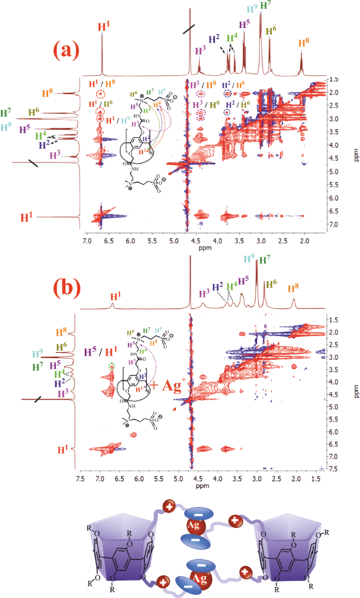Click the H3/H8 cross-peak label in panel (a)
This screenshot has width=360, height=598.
click(202, 84)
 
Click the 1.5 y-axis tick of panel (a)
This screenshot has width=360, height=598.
click(331, 79)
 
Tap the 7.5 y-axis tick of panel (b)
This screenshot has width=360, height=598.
click(331, 468)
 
